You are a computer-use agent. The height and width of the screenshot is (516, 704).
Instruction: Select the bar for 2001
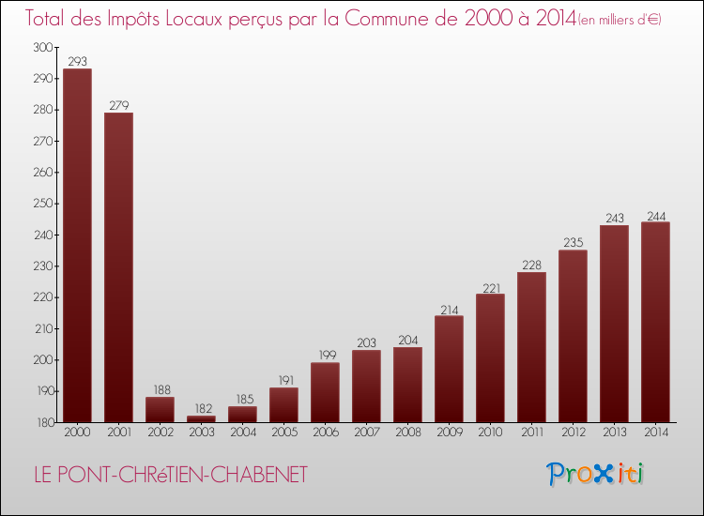click(118, 267)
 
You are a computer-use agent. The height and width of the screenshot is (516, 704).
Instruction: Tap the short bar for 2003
click(201, 418)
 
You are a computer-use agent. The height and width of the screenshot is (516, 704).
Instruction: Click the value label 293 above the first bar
click(77, 61)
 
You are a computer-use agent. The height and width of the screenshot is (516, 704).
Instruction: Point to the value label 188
click(160, 389)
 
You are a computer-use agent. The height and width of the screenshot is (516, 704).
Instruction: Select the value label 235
click(573, 242)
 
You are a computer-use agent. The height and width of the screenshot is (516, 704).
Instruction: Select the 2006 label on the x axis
click(325, 433)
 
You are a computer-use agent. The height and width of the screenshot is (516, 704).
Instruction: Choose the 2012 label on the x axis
click(573, 433)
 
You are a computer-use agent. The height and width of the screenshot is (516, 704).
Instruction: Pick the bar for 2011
click(531, 347)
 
